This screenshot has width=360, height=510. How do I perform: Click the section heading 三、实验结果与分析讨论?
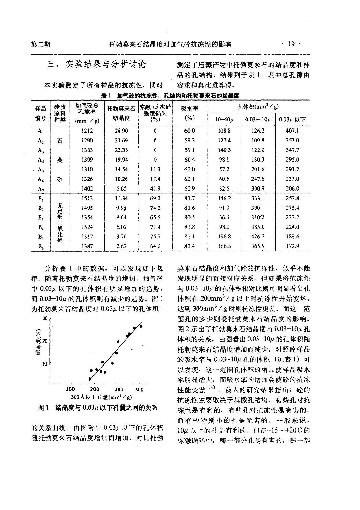pos(96,65)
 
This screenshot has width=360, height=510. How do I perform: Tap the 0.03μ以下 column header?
pos(292,120)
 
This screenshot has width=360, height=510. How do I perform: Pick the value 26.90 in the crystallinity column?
pos(121,131)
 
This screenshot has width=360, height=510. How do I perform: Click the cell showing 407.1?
pos(292,131)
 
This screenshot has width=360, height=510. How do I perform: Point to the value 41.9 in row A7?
pos(155,188)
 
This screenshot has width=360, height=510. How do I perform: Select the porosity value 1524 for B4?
pos(87,227)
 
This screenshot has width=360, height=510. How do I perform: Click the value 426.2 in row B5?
pos(258,237)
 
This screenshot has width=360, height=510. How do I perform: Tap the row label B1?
pos(40,198)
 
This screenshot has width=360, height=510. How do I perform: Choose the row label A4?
pos(40,160)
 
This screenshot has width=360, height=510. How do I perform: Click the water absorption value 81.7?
pos(190,198)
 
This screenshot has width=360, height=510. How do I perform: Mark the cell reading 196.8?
pos(224,237)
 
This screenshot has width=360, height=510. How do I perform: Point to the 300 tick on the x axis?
pos(119,390)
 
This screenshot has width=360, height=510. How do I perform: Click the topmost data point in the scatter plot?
pos(141,326)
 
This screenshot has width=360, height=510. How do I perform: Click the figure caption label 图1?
pos(43,408)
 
